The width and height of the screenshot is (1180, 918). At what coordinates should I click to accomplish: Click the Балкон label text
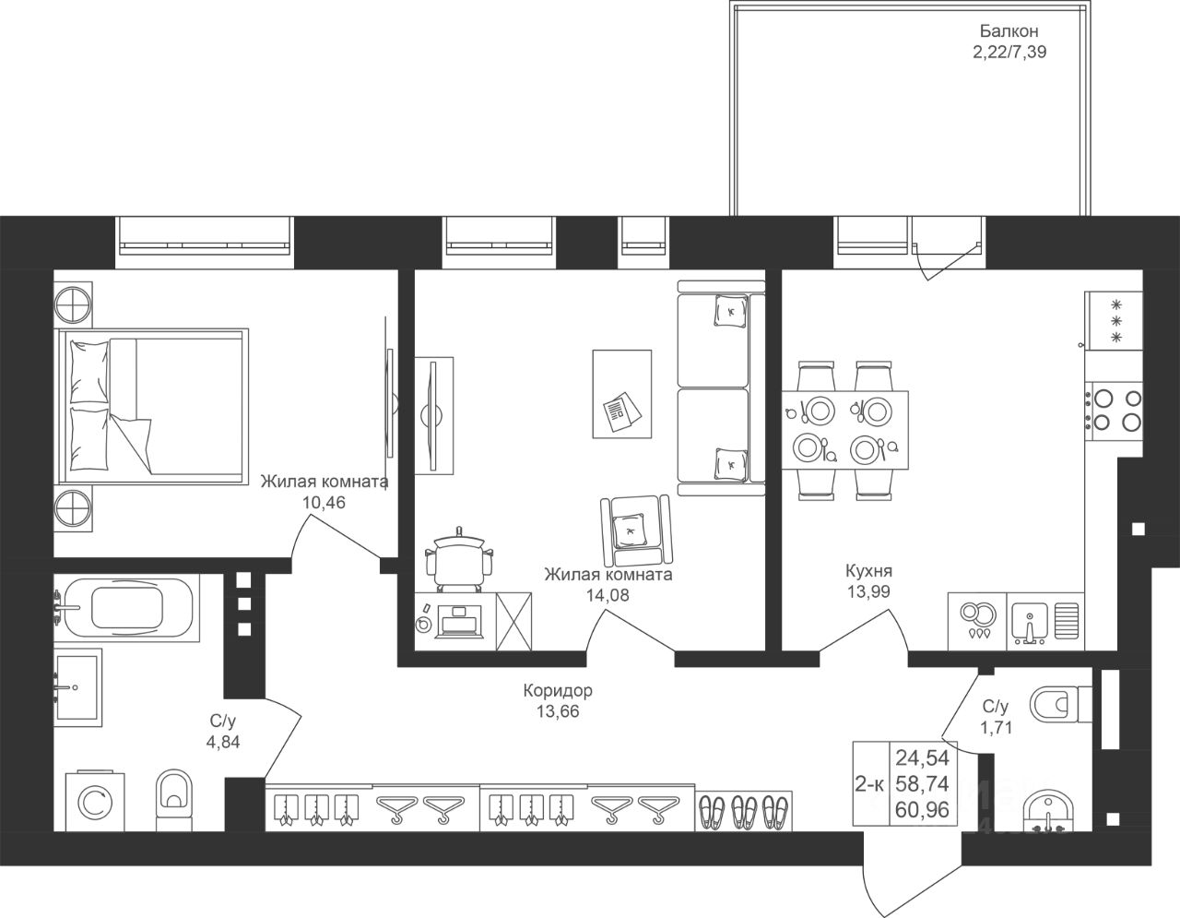point(1009,31)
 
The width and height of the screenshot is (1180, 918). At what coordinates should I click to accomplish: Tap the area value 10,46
point(324,503)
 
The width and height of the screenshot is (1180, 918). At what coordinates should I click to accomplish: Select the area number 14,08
point(608,595)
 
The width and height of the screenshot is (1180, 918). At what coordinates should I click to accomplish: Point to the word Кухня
point(868,571)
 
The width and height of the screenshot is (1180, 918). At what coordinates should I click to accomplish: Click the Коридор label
point(558,691)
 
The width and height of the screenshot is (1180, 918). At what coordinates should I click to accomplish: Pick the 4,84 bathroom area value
point(223,742)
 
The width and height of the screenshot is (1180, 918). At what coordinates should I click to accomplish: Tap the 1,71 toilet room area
point(996,727)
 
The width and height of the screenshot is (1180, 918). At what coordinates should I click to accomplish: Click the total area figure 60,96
point(922,810)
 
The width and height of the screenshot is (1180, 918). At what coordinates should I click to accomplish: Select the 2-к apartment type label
point(869,784)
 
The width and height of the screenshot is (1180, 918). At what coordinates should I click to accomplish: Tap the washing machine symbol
point(95,802)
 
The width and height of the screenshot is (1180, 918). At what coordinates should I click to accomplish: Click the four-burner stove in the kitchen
point(1113,412)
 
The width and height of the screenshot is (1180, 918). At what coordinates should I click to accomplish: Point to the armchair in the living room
point(636,531)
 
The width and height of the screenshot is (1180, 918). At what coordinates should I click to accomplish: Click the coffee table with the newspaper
point(621,393)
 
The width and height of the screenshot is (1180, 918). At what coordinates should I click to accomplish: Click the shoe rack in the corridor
point(743,811)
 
